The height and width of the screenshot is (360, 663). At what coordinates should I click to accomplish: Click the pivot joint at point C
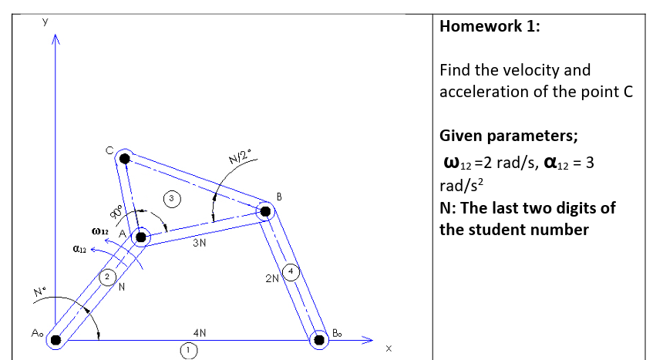tap(124, 159)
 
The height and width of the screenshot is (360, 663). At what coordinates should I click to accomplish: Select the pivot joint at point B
tap(265, 210)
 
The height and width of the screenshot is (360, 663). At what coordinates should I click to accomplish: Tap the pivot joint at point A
tap(140, 237)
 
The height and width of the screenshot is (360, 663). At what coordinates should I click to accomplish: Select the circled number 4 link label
tap(290, 271)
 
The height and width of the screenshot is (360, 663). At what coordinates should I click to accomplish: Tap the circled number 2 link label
tap(109, 275)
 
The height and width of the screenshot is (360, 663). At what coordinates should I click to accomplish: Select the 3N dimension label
tap(199, 244)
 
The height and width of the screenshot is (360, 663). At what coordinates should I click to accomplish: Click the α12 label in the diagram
tap(79, 249)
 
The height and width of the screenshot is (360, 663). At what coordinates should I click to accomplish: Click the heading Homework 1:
tap(489, 26)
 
